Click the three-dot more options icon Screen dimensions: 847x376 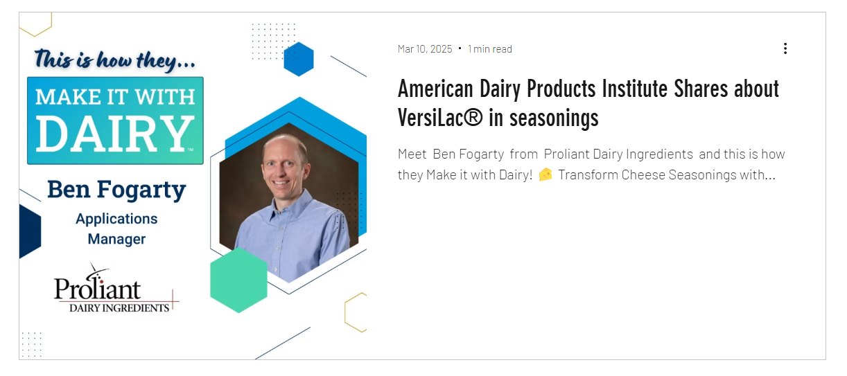pyautogui.click(x=785, y=48)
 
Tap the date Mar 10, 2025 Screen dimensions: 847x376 pyautogui.click(x=425, y=49)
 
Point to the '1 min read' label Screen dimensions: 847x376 pyautogui.click(x=489, y=49)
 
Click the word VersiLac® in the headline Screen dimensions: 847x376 pyautogui.click(x=440, y=118)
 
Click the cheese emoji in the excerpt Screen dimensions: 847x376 pyautogui.click(x=545, y=174)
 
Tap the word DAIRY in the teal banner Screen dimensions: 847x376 pyautogui.click(x=114, y=134)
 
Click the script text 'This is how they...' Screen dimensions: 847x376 pyautogui.click(x=115, y=60)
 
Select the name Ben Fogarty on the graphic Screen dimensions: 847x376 pyautogui.click(x=116, y=189)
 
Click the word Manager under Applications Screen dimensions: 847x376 pyautogui.click(x=116, y=239)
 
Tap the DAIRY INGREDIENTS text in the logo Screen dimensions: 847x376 pyautogui.click(x=119, y=308)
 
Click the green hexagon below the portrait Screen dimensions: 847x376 pyautogui.click(x=238, y=280)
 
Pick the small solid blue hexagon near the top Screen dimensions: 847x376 pyautogui.click(x=299, y=59)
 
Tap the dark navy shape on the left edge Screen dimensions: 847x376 pyautogui.click(x=30, y=231)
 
